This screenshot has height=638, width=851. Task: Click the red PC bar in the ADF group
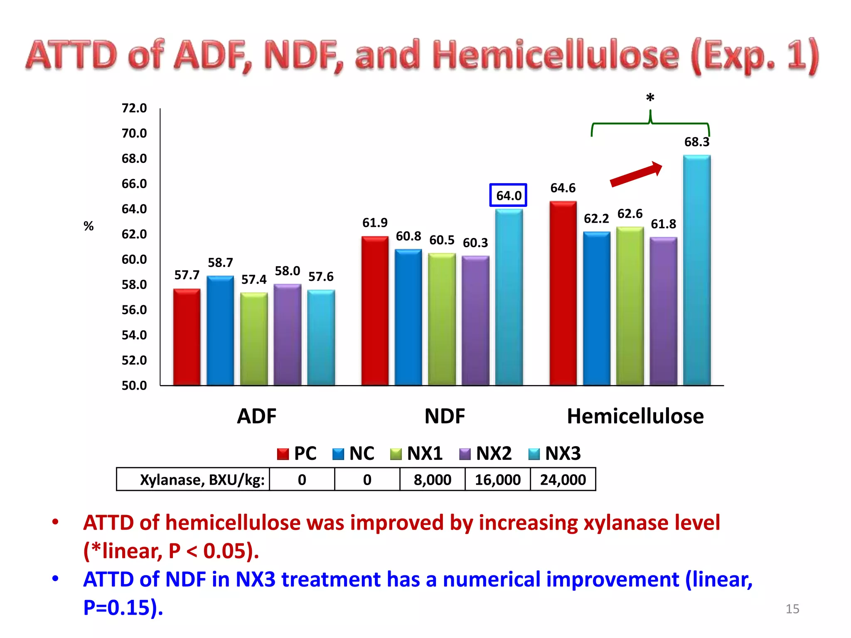(187, 337)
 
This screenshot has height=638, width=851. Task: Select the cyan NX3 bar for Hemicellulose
(697, 270)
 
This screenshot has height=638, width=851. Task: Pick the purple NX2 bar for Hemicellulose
(663, 311)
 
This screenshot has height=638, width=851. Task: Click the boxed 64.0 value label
(508, 195)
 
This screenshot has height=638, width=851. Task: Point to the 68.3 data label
(697, 142)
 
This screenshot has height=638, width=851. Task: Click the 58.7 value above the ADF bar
(220, 263)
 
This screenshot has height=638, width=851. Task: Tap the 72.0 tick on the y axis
(134, 108)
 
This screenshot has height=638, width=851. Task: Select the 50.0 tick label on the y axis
(134, 385)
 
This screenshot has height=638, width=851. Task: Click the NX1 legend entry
(417, 453)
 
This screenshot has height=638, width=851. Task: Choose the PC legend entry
(297, 453)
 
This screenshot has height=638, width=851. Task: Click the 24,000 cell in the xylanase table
(563, 480)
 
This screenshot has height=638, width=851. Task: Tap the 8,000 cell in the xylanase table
(432, 480)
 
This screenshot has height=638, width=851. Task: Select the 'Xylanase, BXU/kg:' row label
(202, 480)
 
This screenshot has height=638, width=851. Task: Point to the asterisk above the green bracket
(650, 98)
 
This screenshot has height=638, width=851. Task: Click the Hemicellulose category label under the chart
(635, 416)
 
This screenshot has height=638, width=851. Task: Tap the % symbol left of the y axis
(89, 226)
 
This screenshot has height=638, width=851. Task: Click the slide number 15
(792, 609)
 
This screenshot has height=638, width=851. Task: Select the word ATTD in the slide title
(71, 55)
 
